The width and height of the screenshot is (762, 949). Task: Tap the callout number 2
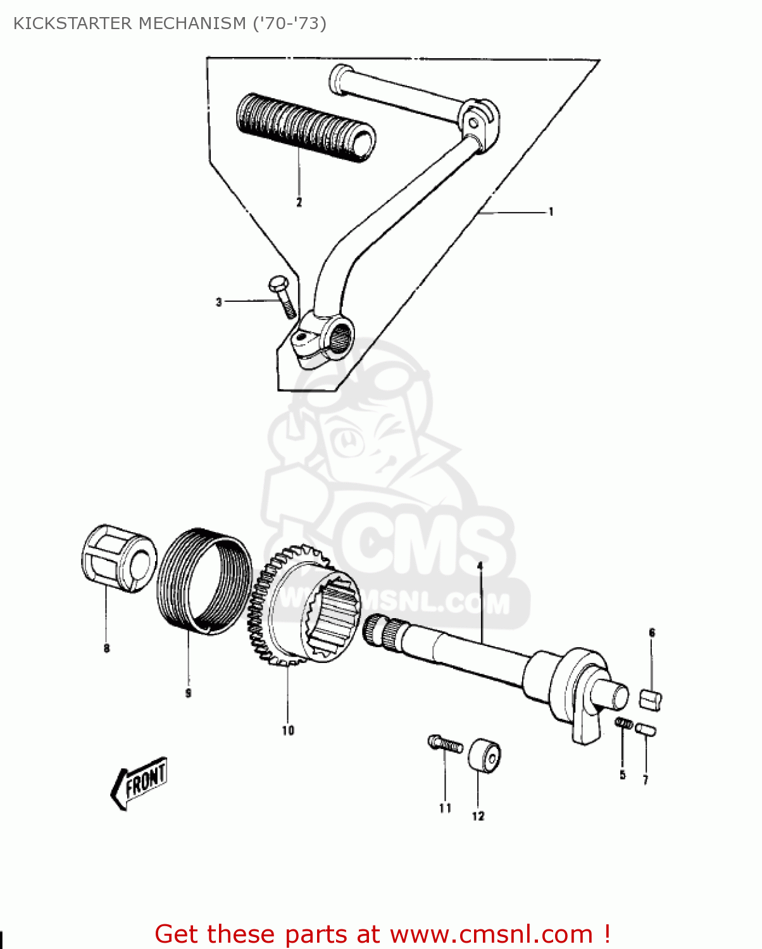pos(299,202)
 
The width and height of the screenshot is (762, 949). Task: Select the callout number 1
pos(551,212)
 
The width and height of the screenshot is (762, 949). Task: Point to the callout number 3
pos(219,302)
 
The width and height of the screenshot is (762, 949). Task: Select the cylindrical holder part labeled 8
pos(118,559)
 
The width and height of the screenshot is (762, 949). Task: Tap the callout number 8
pos(106,648)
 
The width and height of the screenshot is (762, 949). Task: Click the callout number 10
pos(288,731)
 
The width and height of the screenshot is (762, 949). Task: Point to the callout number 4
pos(480,565)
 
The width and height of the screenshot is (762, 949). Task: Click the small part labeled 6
pos(651,700)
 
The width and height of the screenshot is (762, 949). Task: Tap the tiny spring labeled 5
pos(624,723)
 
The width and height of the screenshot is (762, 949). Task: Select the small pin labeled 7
pos(646,729)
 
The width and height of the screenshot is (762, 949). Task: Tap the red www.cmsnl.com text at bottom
pos(490,934)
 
